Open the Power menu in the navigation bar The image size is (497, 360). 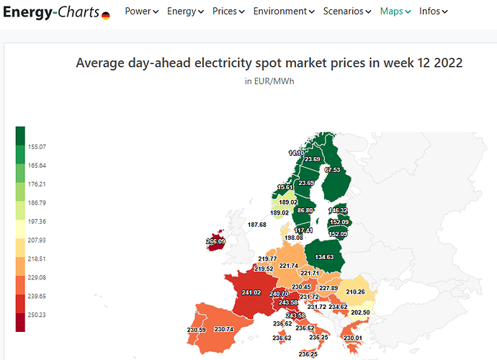[141, 12]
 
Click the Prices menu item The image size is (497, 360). [228, 12]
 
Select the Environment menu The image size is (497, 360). [284, 12]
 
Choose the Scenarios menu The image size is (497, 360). [348, 12]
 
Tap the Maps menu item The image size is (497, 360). [395, 12]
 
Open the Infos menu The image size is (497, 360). [433, 12]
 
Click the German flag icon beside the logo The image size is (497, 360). [106, 15]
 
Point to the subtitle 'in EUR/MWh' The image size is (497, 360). [269, 81]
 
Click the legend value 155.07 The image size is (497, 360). [37, 147]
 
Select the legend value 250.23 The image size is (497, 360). [37, 315]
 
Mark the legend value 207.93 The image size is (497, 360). [37, 240]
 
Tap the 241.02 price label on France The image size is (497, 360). [251, 293]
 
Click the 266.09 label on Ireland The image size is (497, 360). [215, 241]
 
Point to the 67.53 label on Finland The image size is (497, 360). [332, 170]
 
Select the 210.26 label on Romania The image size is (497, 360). [355, 292]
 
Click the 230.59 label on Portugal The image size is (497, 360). [196, 330]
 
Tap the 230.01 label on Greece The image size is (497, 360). [353, 338]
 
